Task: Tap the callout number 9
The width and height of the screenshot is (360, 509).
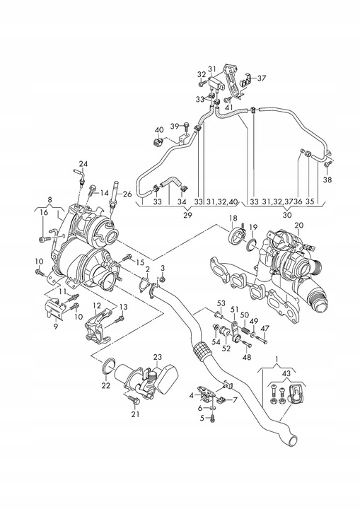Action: point(56,327)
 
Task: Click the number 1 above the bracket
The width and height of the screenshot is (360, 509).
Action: point(277,359)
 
